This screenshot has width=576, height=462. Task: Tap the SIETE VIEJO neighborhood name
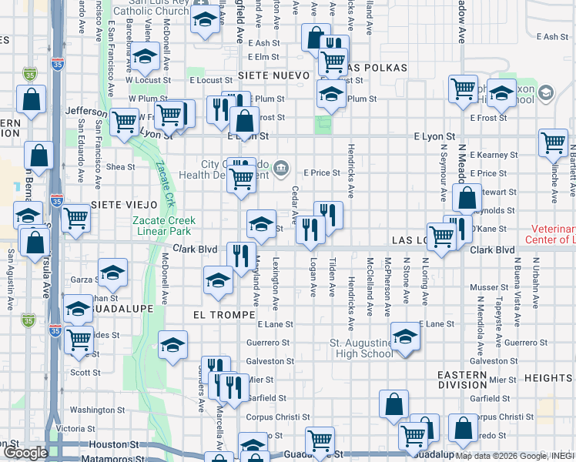[x=124, y=205]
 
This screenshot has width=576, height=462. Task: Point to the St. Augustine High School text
[x=360, y=347]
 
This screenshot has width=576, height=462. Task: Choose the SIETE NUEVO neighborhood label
[x=273, y=75]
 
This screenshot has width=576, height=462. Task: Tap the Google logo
[x=25, y=453]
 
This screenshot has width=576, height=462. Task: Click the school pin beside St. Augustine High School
[x=405, y=336]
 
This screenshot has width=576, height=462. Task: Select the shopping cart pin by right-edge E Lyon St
[x=553, y=142]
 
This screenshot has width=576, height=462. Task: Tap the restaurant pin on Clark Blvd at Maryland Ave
[x=241, y=256]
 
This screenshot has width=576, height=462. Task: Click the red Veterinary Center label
[x=553, y=234]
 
